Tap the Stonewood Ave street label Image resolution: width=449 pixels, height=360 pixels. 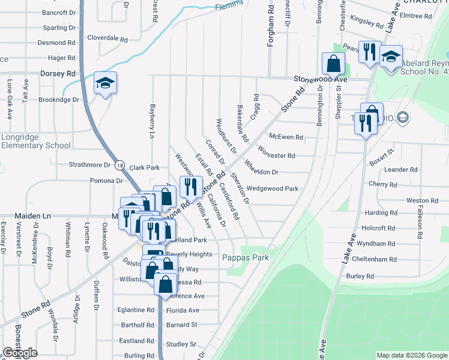tap(321, 79)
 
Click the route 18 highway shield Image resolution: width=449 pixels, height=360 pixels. tap(120, 166)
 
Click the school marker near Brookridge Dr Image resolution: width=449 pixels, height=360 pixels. tap(105, 84)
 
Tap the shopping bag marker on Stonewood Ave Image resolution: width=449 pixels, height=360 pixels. tap(333, 63)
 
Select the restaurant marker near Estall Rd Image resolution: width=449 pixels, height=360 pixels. tap(191, 186)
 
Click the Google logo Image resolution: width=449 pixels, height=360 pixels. tap(20, 353)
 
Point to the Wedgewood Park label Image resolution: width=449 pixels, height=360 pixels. tap(273, 188)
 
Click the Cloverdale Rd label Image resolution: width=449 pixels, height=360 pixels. tap(107, 38)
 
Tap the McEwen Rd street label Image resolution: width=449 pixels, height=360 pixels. tap(286, 137)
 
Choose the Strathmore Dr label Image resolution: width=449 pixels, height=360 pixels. tap(91, 164)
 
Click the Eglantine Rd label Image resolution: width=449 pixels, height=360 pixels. tap(136, 310)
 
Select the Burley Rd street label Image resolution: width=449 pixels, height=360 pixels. tap(360, 276)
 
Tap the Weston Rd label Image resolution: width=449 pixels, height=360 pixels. tap(418, 200)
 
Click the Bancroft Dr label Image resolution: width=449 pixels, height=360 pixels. tap(59, 12)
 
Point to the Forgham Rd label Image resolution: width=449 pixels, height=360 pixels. tap(271, 27)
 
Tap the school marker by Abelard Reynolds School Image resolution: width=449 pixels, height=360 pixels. tap(391, 58)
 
